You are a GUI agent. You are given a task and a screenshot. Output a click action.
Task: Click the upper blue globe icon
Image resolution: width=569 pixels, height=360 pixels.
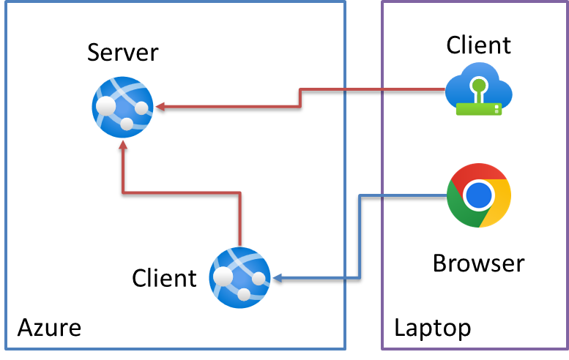[x=122, y=107]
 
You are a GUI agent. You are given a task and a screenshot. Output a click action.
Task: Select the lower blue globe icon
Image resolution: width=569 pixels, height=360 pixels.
[x=239, y=277]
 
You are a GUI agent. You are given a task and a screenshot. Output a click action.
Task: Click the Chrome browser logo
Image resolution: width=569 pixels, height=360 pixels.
[x=479, y=195]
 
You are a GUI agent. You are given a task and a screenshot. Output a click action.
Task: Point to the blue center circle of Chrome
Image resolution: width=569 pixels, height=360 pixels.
[x=479, y=195]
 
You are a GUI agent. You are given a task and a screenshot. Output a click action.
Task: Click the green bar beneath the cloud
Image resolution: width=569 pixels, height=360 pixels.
[x=478, y=109]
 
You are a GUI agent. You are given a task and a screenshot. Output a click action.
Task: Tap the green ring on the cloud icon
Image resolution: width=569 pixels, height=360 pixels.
[x=479, y=85]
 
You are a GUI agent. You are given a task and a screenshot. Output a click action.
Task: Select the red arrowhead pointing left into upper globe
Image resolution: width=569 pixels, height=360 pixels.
[x=160, y=107]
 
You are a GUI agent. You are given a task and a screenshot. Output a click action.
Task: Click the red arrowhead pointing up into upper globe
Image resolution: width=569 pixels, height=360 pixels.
[x=123, y=145]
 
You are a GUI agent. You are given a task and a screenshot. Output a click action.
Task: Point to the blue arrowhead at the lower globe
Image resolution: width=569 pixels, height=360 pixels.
[x=277, y=278]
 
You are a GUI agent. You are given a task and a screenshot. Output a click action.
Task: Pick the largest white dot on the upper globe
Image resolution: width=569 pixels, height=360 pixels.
[x=106, y=105]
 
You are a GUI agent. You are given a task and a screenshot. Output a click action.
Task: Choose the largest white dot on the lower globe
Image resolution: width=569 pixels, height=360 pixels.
[x=223, y=276]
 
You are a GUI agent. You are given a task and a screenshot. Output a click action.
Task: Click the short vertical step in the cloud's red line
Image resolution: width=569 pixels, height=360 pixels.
[x=300, y=98]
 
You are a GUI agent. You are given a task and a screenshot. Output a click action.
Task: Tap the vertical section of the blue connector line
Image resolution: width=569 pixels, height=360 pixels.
[x=360, y=236]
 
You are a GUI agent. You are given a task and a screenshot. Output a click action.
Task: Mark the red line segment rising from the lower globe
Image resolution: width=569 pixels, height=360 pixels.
[x=239, y=219]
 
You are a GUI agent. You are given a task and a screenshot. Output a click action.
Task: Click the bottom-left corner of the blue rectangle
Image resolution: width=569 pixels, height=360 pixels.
[x=6, y=348]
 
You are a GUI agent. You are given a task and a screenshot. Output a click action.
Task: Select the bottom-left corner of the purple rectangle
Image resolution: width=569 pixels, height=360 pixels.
[x=382, y=348]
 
